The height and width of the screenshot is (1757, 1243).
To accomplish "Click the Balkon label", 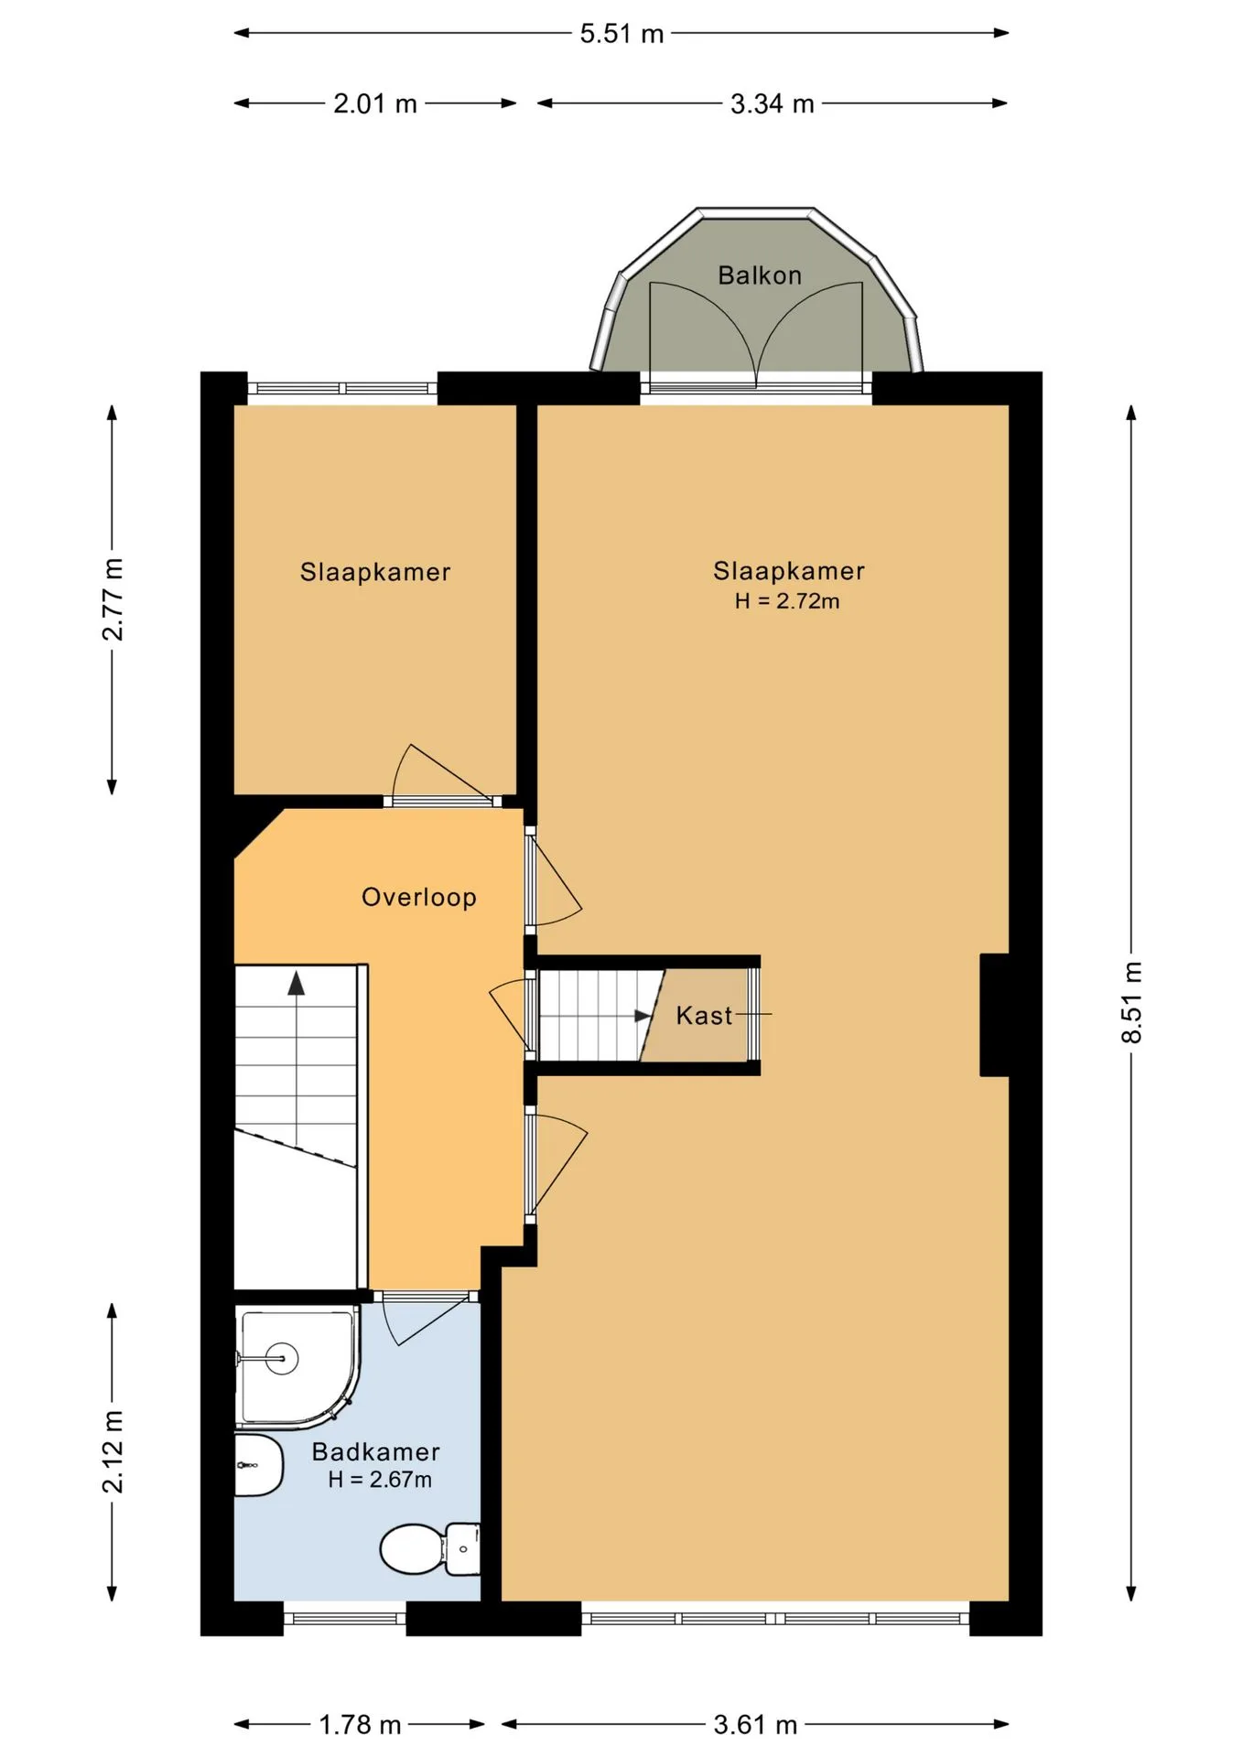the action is point(760,275).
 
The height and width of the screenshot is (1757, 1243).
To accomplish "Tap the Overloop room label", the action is point(419,898).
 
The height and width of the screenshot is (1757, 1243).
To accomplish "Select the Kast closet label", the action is point(704,1016).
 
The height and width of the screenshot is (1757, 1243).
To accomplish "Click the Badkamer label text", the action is point(376,1451).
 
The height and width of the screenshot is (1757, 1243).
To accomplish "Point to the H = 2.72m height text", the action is point(787,601).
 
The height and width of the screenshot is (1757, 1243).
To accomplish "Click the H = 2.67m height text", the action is point(380,1480).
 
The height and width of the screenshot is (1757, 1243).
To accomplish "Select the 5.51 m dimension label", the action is point(621,34).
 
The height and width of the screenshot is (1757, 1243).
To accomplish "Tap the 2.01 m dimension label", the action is point(375,104).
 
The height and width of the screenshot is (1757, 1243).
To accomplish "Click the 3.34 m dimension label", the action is point(773,104).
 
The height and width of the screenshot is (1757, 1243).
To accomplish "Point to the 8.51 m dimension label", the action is point(1132,1003).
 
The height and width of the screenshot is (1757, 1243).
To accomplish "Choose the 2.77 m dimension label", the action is point(113,599).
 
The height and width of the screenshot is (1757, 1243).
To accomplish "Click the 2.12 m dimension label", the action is point(113,1452).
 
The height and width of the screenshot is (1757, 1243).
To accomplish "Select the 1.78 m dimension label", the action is point(360,1725).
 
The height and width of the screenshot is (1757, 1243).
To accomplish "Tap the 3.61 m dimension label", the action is point(755,1725).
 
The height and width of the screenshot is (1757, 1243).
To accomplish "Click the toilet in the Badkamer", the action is point(429,1548).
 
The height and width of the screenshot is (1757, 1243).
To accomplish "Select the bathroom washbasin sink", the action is point(259,1465).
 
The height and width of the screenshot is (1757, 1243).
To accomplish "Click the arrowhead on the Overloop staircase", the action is point(297,983).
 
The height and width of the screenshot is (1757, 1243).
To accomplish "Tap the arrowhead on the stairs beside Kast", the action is point(643,1017).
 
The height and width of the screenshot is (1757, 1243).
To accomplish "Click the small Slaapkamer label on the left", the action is point(375,573).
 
